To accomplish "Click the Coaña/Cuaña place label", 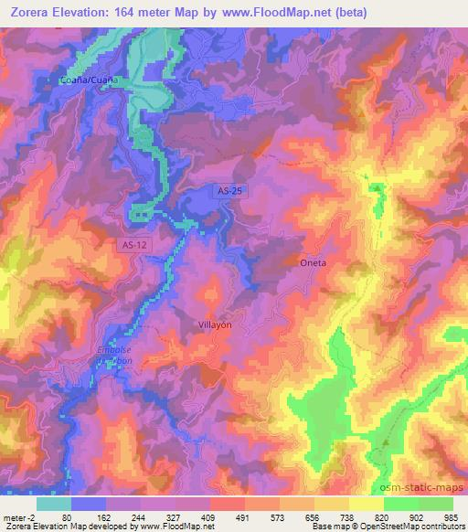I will tap(90, 80).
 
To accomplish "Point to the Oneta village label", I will tap(314, 262).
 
